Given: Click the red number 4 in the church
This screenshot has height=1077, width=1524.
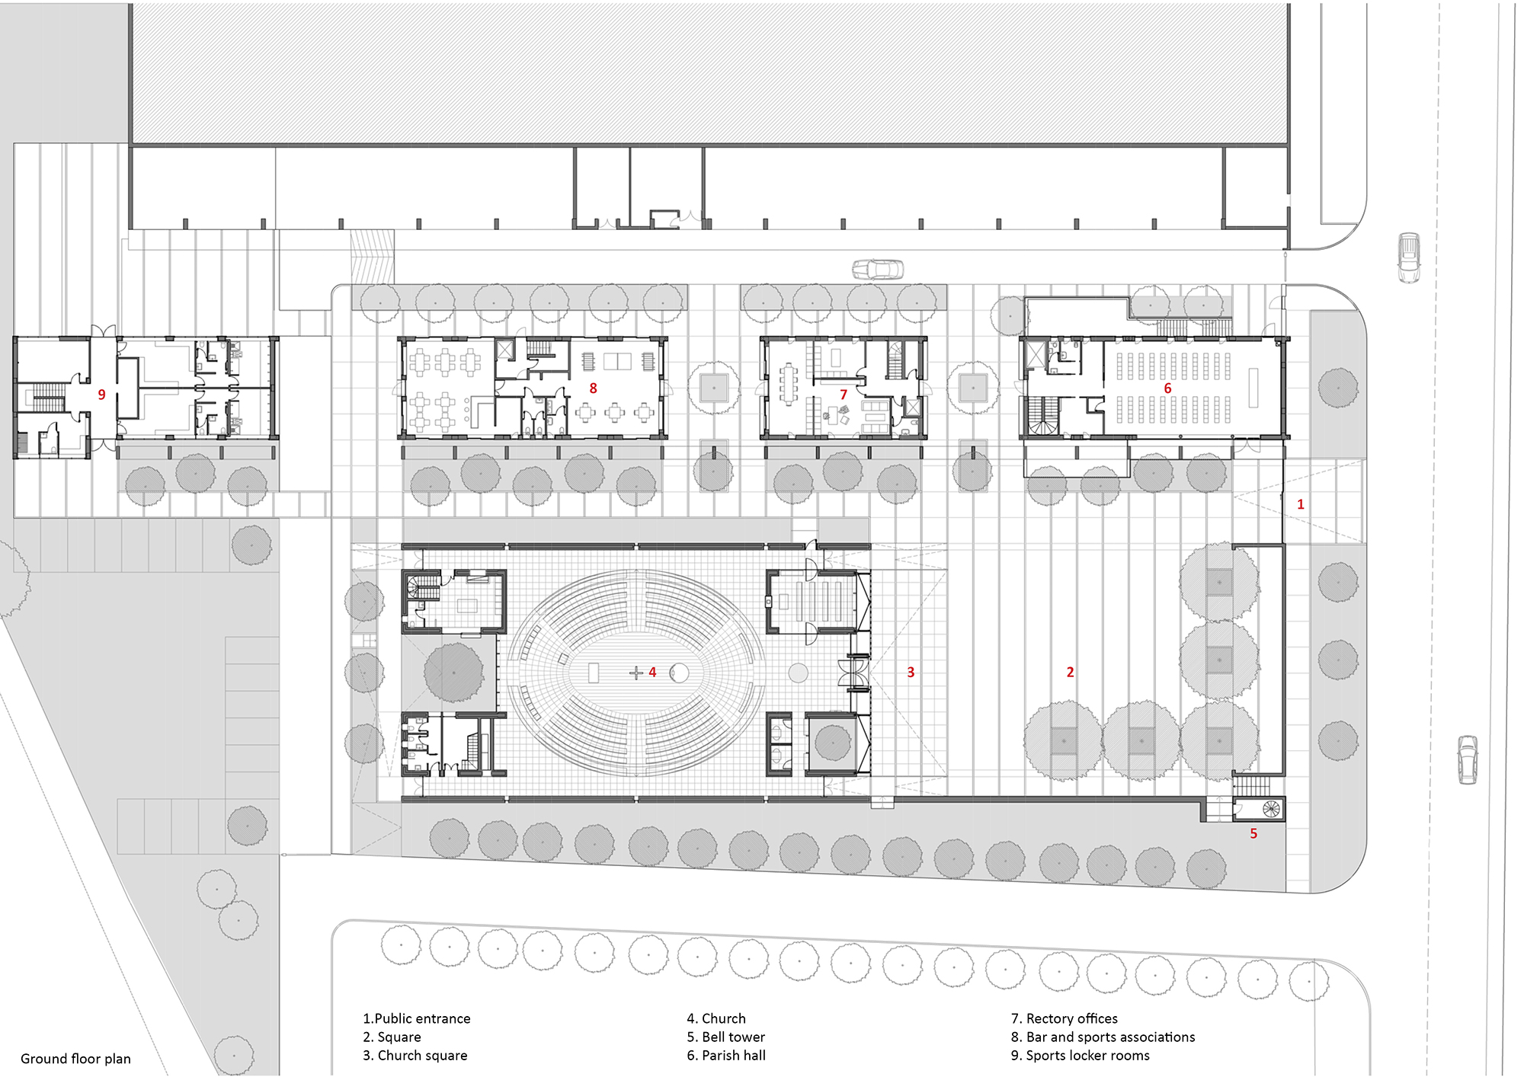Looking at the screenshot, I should pos(652,672).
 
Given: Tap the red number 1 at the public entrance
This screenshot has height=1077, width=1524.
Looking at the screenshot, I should pos(1301,504).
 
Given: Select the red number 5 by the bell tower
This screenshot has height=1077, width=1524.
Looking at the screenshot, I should pos(1253,833).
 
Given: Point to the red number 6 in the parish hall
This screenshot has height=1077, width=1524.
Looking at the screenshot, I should pos(1167,388).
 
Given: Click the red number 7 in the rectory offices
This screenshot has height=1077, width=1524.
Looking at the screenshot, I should pos(844,395).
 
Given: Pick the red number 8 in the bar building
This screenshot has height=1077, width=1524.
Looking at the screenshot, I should pos(594,388).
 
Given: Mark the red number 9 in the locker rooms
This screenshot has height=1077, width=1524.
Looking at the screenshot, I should pos(101,395).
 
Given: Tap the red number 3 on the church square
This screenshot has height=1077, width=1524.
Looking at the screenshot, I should pos(911,672).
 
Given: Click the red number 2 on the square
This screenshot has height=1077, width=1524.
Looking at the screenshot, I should pos(1070,672).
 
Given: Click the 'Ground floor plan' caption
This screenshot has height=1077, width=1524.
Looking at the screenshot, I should pos(75,1059).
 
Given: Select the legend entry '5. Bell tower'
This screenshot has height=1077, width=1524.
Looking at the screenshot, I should pos(725,1037).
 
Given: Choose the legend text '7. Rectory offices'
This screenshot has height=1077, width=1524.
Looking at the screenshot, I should pos(1064,1018).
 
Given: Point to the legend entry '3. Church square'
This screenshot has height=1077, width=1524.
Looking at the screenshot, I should pos(415,1055).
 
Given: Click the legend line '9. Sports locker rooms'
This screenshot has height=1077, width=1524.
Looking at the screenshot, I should pos(1080,1055).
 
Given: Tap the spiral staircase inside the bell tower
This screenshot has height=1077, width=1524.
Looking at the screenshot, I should pos(1270,808).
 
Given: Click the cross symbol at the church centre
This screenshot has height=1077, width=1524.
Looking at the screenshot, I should pos(636,673).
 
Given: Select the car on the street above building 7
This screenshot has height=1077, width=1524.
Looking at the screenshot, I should pos(878,269).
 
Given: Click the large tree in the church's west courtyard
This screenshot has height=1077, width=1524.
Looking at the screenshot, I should pos(453,672).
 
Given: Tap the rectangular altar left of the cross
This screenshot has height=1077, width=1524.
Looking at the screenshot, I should pos(594,673).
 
